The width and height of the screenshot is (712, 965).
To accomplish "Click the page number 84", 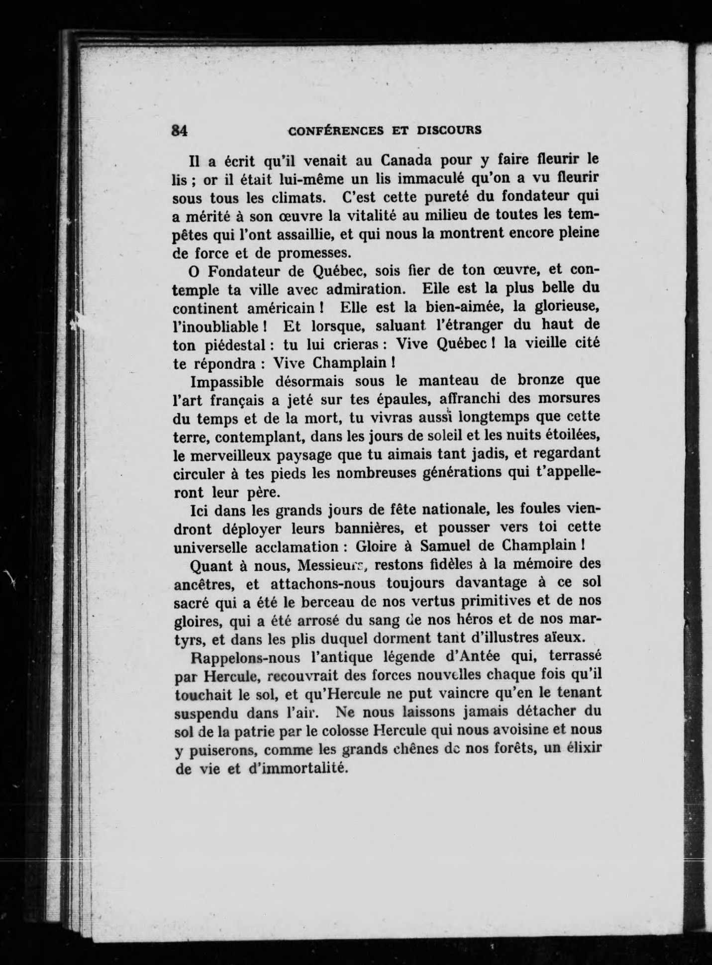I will coord(179,130).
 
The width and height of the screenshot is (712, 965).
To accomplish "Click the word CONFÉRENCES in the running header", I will coord(336,130).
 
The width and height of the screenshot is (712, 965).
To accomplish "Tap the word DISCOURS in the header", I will coord(449,130).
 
